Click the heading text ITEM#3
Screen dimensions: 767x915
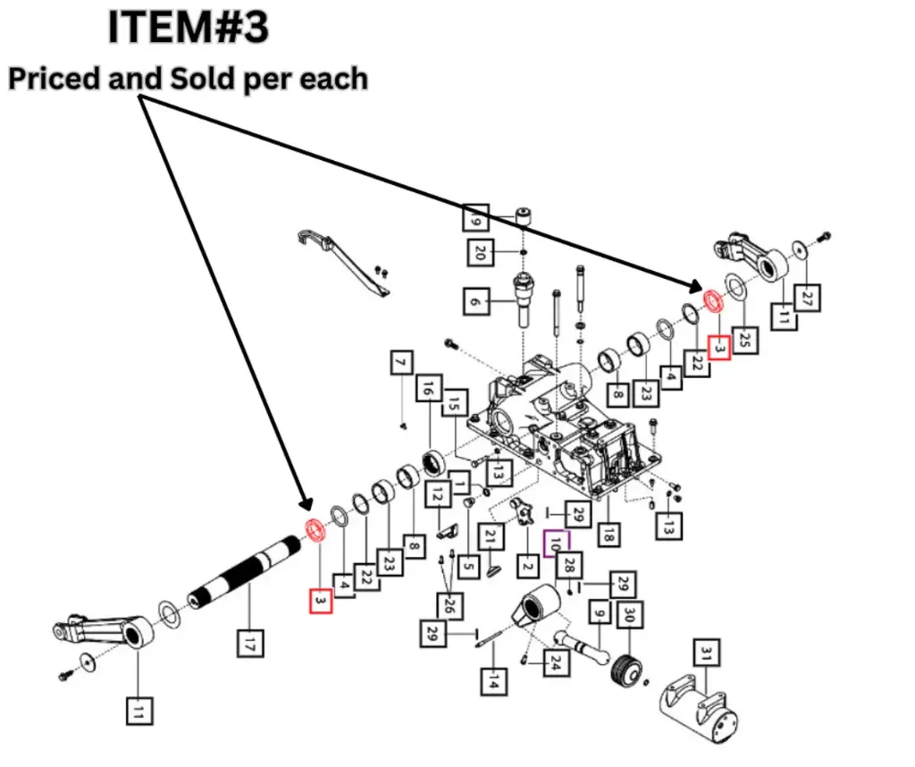[188, 28]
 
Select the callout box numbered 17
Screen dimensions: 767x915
[249, 643]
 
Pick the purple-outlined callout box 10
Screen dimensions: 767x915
[556, 543]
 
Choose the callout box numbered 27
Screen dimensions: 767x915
[807, 298]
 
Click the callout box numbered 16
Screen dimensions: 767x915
[428, 391]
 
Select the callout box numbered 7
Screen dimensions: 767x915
[402, 364]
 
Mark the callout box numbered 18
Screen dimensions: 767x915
[609, 535]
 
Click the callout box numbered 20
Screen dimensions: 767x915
[478, 253]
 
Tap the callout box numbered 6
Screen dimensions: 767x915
[475, 302]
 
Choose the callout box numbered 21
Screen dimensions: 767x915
[489, 537]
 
